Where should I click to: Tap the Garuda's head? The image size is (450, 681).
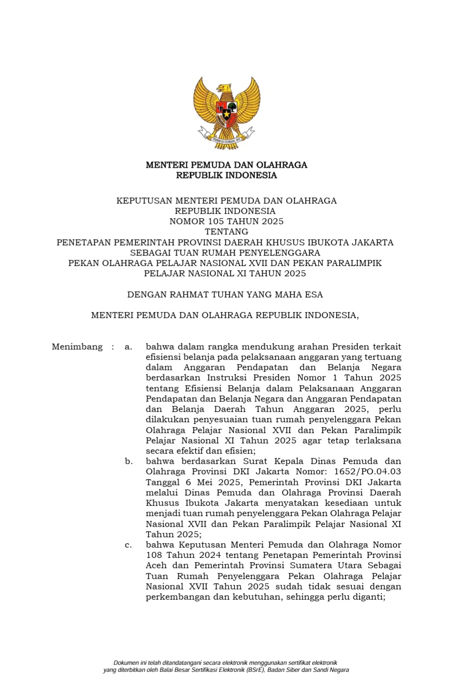(x=223, y=88)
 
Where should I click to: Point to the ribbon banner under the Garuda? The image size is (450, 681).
(x=226, y=139)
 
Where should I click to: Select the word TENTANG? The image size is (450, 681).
(x=226, y=232)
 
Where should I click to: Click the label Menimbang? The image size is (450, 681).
(x=77, y=347)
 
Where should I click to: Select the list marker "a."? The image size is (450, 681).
(x=128, y=347)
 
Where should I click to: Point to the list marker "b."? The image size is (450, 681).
(x=128, y=462)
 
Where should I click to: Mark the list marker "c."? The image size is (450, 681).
(x=128, y=545)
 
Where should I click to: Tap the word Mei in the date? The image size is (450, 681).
(x=200, y=482)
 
